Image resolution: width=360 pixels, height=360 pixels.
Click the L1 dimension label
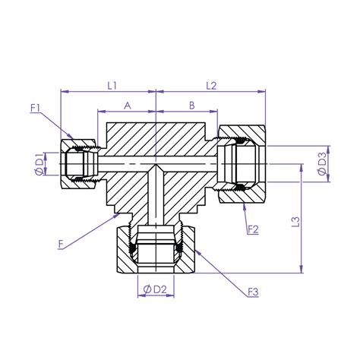[x=111, y=85]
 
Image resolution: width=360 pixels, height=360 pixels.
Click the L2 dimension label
[x=210, y=85]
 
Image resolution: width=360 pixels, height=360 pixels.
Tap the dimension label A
[x=126, y=106]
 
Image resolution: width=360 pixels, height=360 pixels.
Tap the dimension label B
[x=192, y=106]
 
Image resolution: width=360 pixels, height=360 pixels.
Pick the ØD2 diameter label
[x=155, y=288]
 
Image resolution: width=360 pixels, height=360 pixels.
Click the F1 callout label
[x=36, y=108]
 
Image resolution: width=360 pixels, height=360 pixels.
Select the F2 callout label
[x=254, y=228]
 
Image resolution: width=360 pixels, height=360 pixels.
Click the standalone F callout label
[x=60, y=243]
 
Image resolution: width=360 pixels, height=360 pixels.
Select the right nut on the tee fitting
[x=242, y=165]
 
